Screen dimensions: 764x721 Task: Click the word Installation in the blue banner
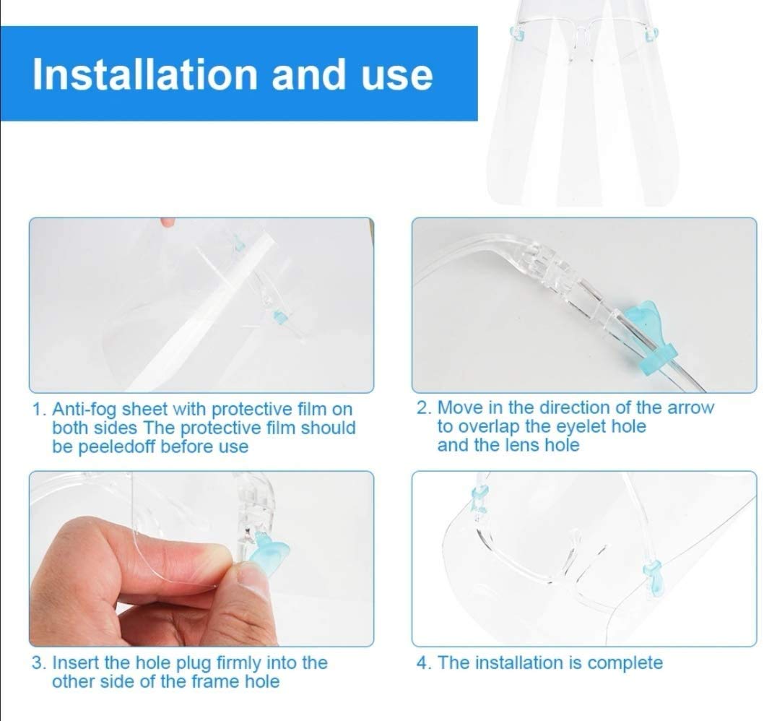click(x=144, y=74)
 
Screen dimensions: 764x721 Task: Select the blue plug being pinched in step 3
click(x=270, y=551)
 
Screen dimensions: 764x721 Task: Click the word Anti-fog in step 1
click(x=84, y=409)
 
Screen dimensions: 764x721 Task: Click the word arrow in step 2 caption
click(x=690, y=407)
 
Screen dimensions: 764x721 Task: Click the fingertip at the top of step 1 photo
click(x=168, y=223)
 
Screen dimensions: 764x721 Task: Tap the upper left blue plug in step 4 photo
click(x=479, y=500)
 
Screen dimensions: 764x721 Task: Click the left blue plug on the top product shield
click(x=517, y=35)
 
